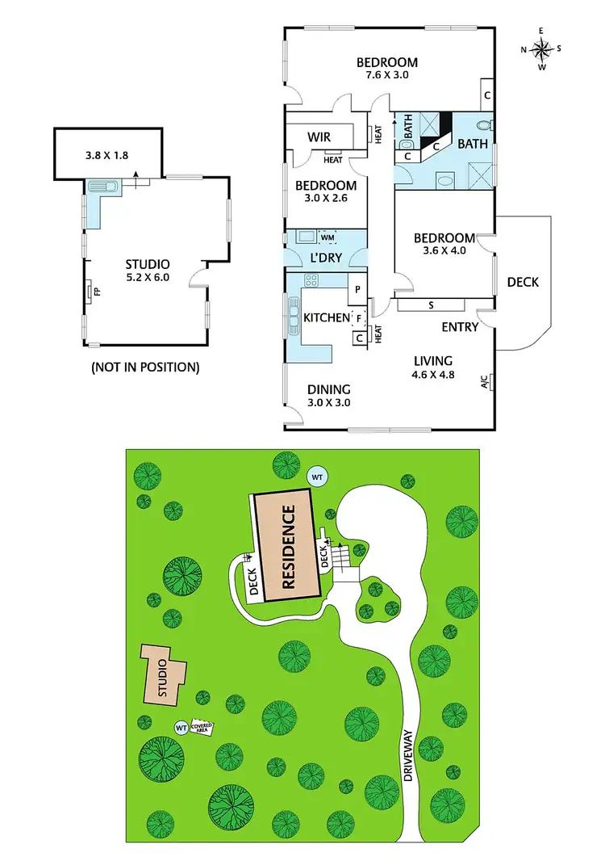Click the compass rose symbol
tap(542, 48)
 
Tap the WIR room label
tap(320, 137)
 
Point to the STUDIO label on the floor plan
tap(148, 264)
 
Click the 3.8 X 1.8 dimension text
tap(108, 155)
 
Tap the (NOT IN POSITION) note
tap(146, 367)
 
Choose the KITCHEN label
tap(327, 317)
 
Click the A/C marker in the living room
tap(485, 382)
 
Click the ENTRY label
tap(460, 327)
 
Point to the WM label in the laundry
tap(328, 237)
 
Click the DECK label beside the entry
tap(523, 282)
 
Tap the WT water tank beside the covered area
tap(181, 728)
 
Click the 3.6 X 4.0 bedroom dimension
tap(444, 252)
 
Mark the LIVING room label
tap(433, 360)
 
